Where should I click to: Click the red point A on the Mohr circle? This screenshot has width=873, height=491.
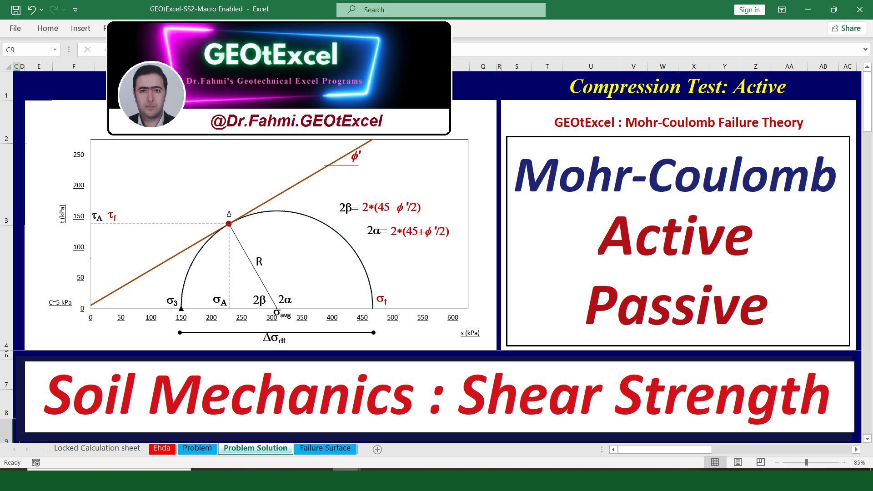(x=229, y=224)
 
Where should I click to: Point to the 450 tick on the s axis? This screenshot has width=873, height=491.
(x=362, y=317)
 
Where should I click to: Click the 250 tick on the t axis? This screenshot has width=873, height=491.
(x=79, y=155)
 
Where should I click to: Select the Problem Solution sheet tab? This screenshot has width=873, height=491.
(x=256, y=448)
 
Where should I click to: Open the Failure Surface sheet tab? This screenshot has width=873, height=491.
(x=325, y=448)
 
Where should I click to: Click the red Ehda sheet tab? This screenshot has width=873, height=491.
(x=162, y=448)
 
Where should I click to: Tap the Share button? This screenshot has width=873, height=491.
(x=846, y=28)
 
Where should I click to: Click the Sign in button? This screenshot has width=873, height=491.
(x=749, y=10)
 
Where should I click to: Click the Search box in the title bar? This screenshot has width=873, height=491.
(x=441, y=10)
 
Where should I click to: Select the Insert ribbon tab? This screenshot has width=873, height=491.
(x=80, y=28)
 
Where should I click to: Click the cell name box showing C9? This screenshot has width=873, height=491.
(x=31, y=50)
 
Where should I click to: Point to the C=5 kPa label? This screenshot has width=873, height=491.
(x=60, y=302)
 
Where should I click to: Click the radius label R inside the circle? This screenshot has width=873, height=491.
(x=259, y=261)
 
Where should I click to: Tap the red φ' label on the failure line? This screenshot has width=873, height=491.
(x=356, y=156)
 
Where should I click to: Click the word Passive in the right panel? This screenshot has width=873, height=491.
(x=677, y=305)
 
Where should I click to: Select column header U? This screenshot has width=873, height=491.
(x=591, y=66)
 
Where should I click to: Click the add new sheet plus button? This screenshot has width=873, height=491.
(x=377, y=450)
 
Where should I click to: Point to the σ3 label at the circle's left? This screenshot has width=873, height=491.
(x=172, y=301)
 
